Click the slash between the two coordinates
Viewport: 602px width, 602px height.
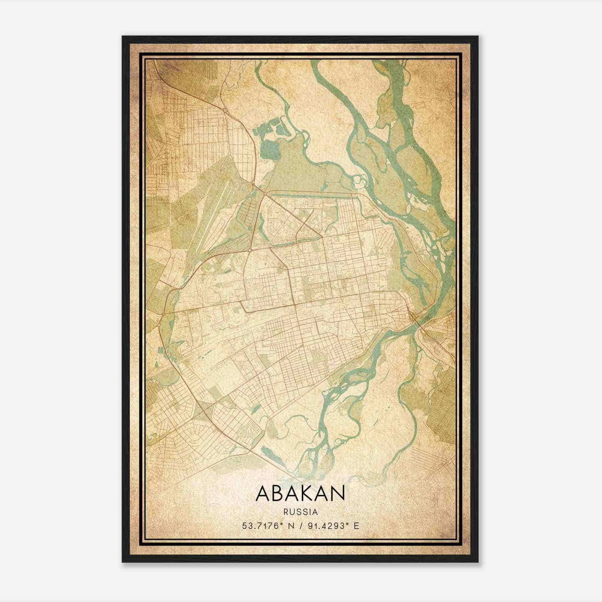click(299, 526)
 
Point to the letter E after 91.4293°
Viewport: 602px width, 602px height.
click(357, 526)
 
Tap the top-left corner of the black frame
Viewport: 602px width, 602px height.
click(123, 37)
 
